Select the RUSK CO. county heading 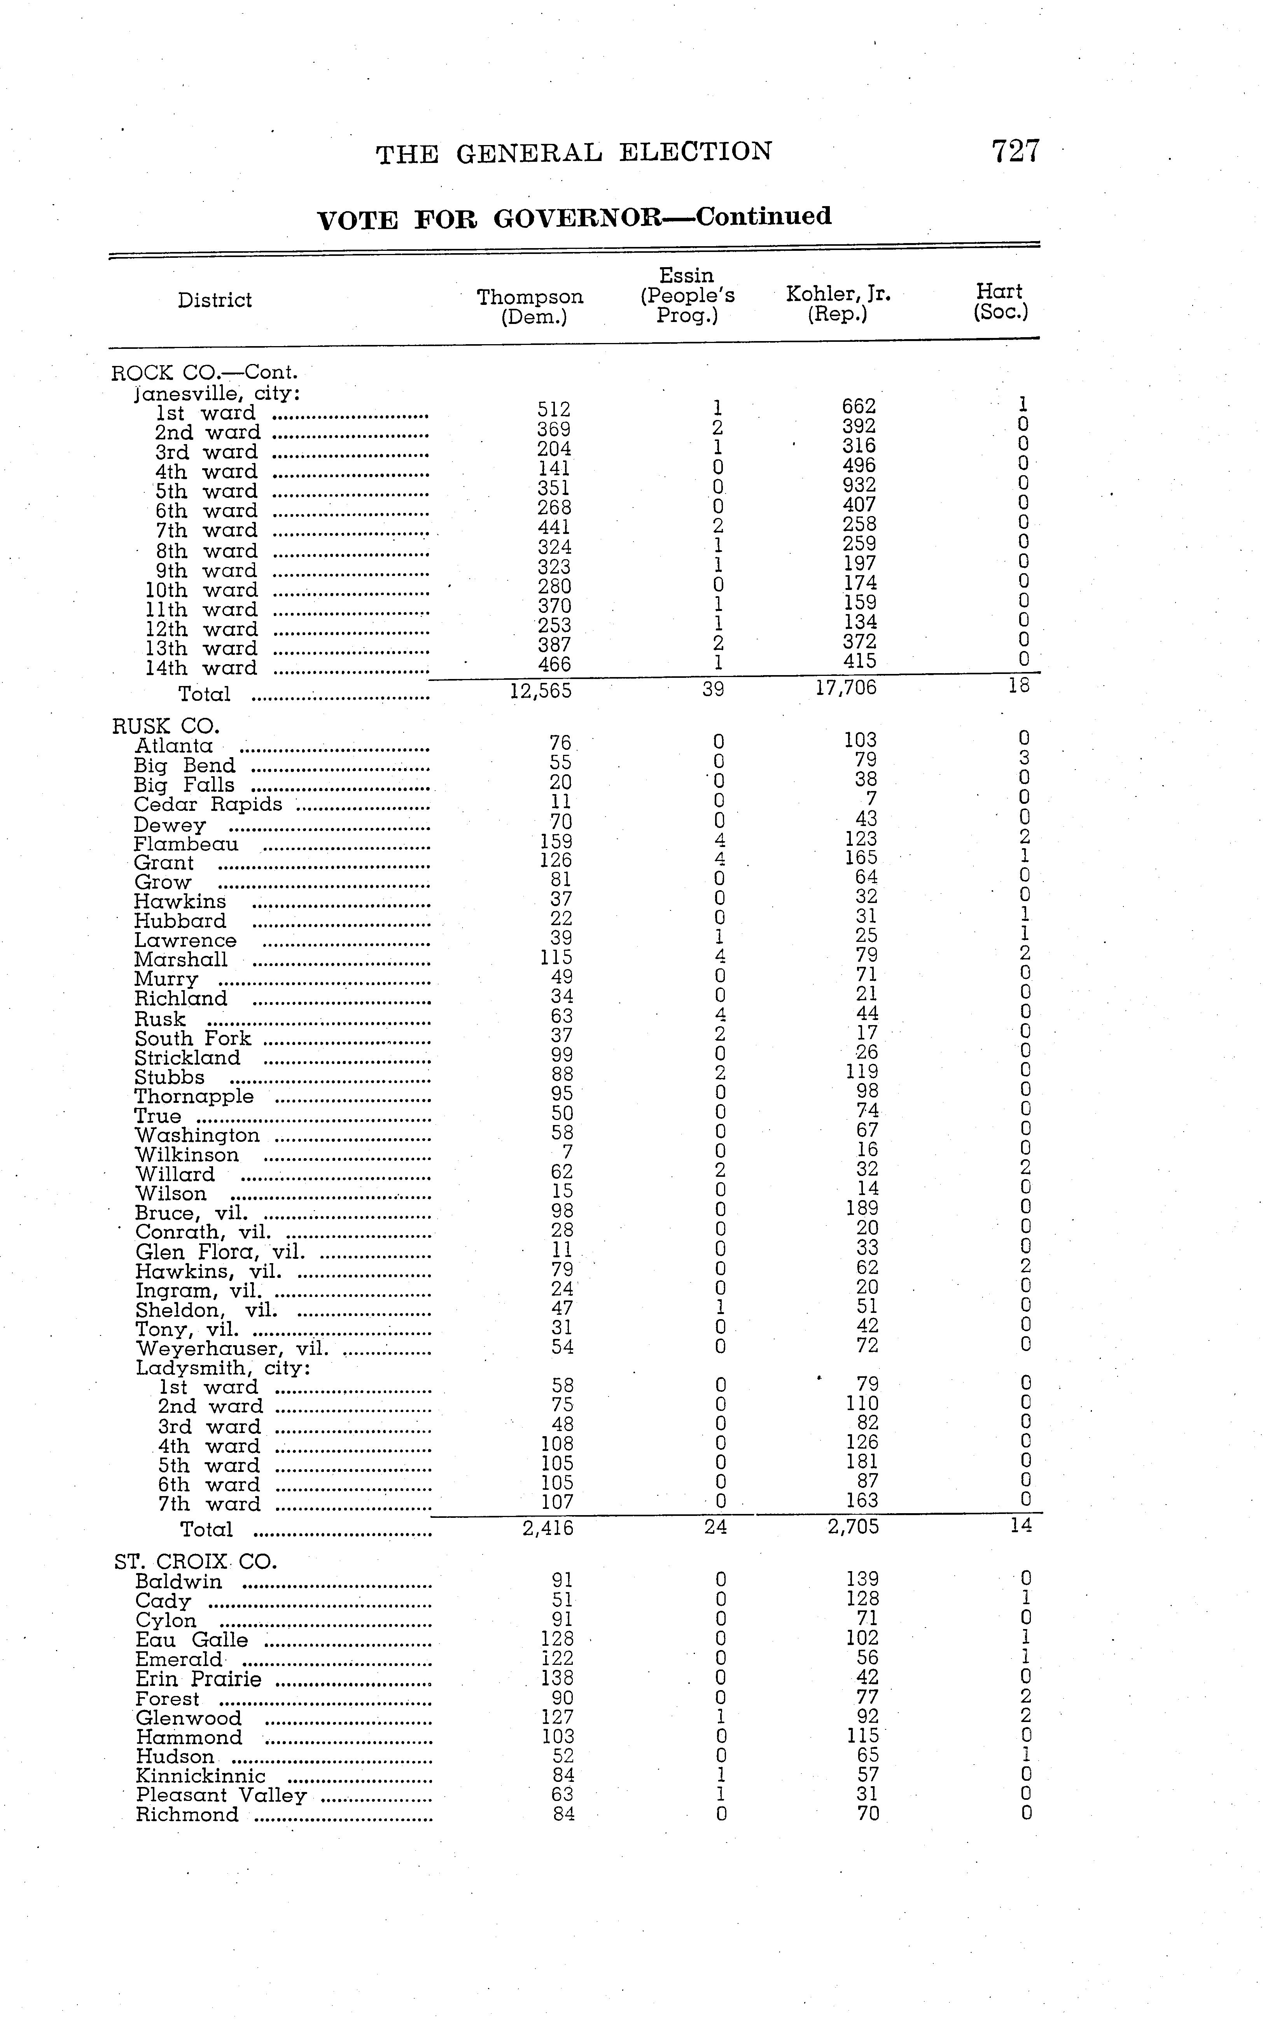[x=165, y=726]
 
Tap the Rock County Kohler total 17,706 [x=846, y=688]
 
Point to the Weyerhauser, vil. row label [x=231, y=1348]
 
